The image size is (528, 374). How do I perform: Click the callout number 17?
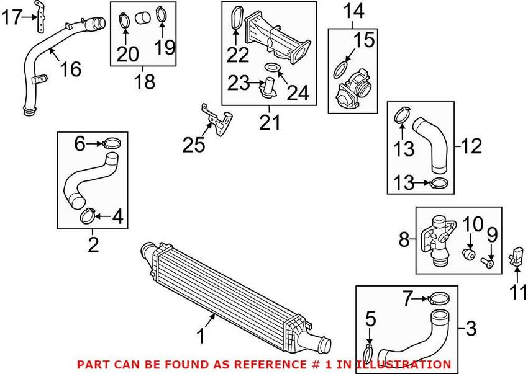click(12, 17)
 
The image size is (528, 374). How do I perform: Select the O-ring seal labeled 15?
click(341, 69)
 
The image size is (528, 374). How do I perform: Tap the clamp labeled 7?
click(439, 298)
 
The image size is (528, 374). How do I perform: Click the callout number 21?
click(270, 122)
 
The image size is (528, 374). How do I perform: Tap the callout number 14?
click(353, 11)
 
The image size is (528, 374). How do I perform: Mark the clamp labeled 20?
click(124, 20)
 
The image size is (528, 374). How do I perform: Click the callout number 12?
click(471, 146)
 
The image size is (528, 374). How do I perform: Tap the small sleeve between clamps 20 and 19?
click(142, 18)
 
